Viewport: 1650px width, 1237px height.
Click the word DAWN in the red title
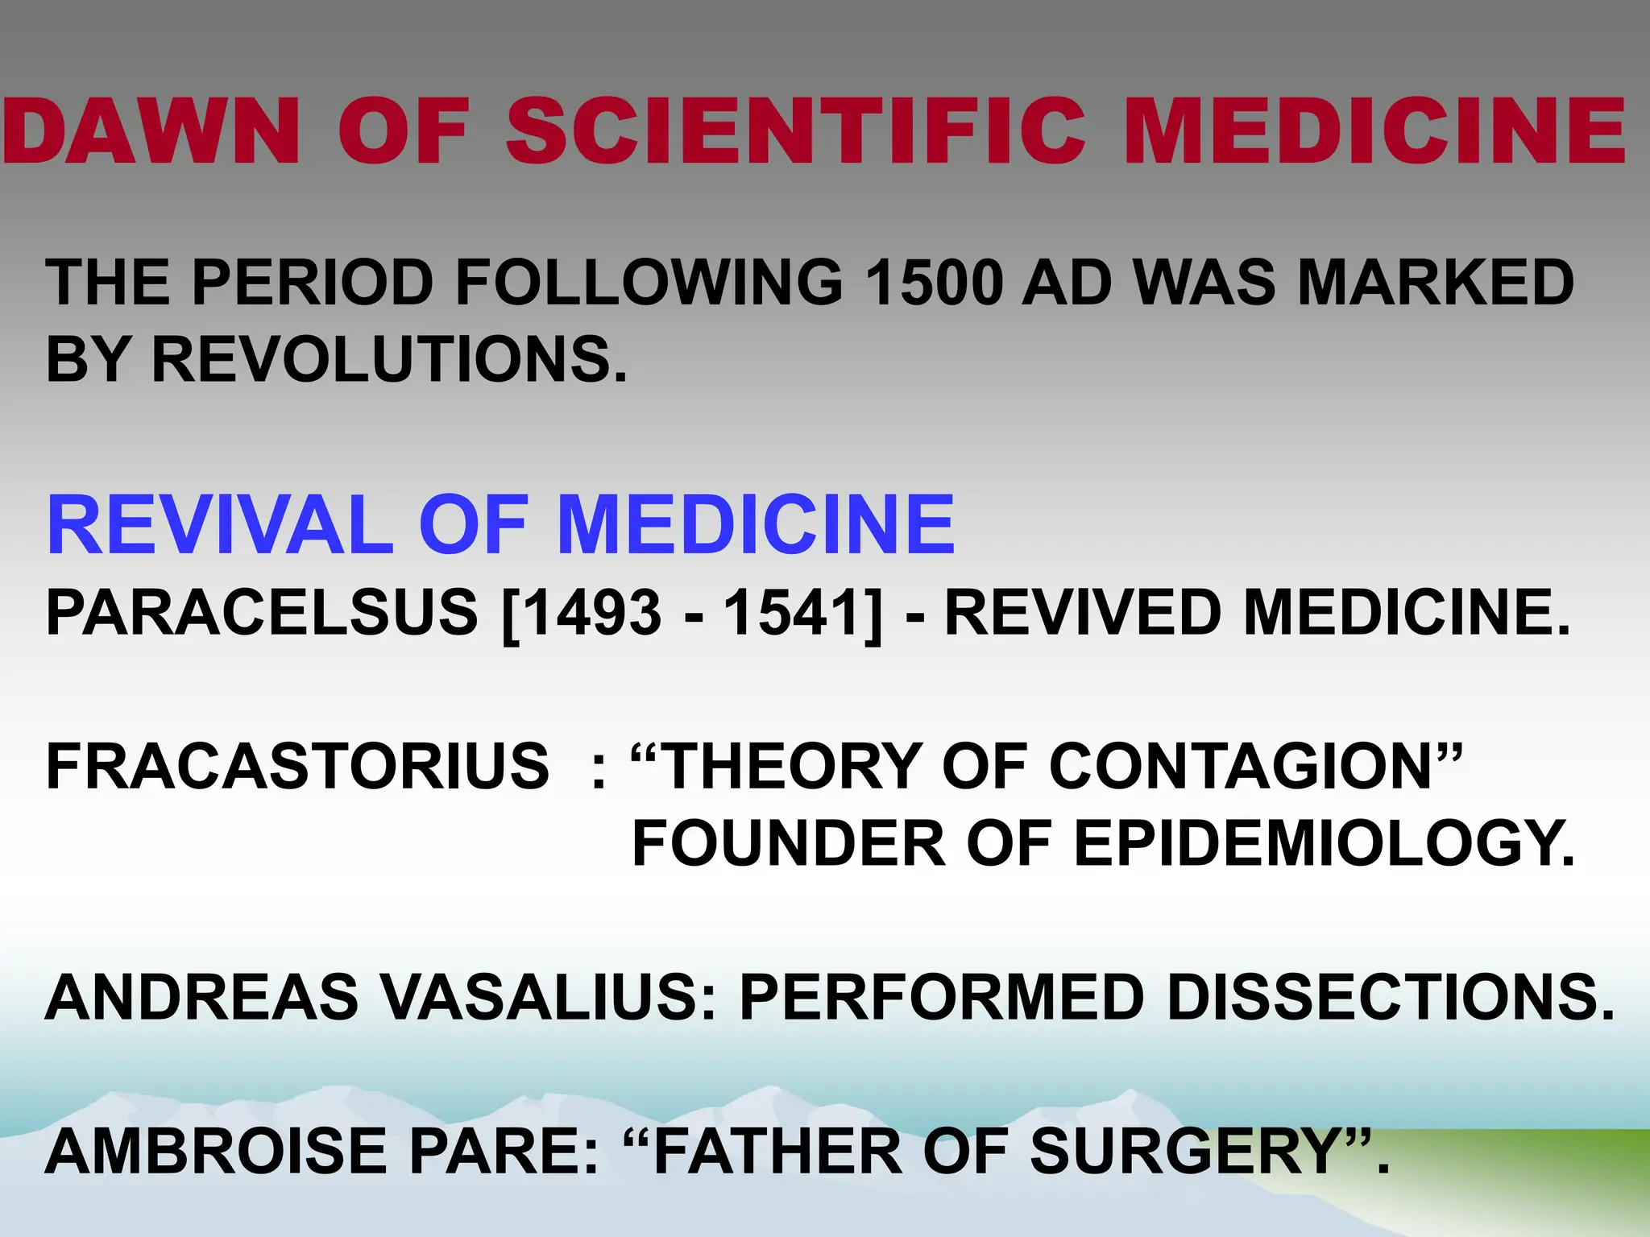click(x=151, y=130)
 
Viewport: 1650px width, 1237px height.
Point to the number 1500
click(x=933, y=283)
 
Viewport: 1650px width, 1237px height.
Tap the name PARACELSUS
click(x=262, y=613)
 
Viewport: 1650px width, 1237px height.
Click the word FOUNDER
click(x=789, y=843)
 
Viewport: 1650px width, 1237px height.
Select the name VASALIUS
click(x=547, y=997)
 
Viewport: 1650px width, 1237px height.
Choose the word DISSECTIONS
click(x=1391, y=997)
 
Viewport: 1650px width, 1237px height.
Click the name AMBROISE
click(x=217, y=1151)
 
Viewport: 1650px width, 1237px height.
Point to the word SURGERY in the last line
click(x=1184, y=1151)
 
